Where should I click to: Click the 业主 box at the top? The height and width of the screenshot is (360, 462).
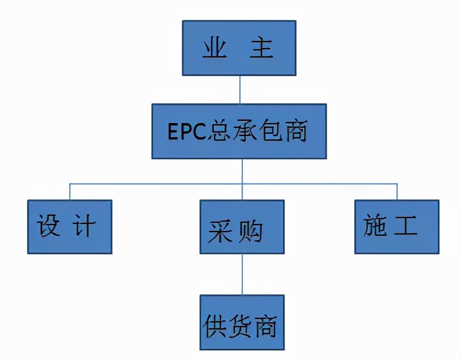pos(239,48)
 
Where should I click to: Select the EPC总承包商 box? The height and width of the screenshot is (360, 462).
pos(239,131)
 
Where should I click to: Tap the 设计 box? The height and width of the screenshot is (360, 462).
pos(69,227)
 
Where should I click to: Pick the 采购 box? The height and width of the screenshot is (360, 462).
pos(242,227)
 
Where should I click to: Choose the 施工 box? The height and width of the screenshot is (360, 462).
pos(397,226)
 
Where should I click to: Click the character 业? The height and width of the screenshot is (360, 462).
pos(215,49)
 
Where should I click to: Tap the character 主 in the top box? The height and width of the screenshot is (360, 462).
pos(261,49)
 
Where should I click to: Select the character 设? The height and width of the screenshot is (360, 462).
pos(49,226)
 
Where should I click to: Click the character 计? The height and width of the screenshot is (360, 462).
pos(83,226)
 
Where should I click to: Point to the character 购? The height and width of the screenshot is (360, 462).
pos(250,232)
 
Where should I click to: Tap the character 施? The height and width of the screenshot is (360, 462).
pos(376,226)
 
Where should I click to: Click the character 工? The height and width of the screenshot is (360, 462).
pos(406,226)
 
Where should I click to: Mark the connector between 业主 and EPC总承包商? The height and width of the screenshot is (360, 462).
pos(239,90)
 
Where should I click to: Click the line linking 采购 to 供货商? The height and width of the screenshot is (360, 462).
pos(242,274)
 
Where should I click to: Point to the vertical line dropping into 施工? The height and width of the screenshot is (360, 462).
pos(397,191)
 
